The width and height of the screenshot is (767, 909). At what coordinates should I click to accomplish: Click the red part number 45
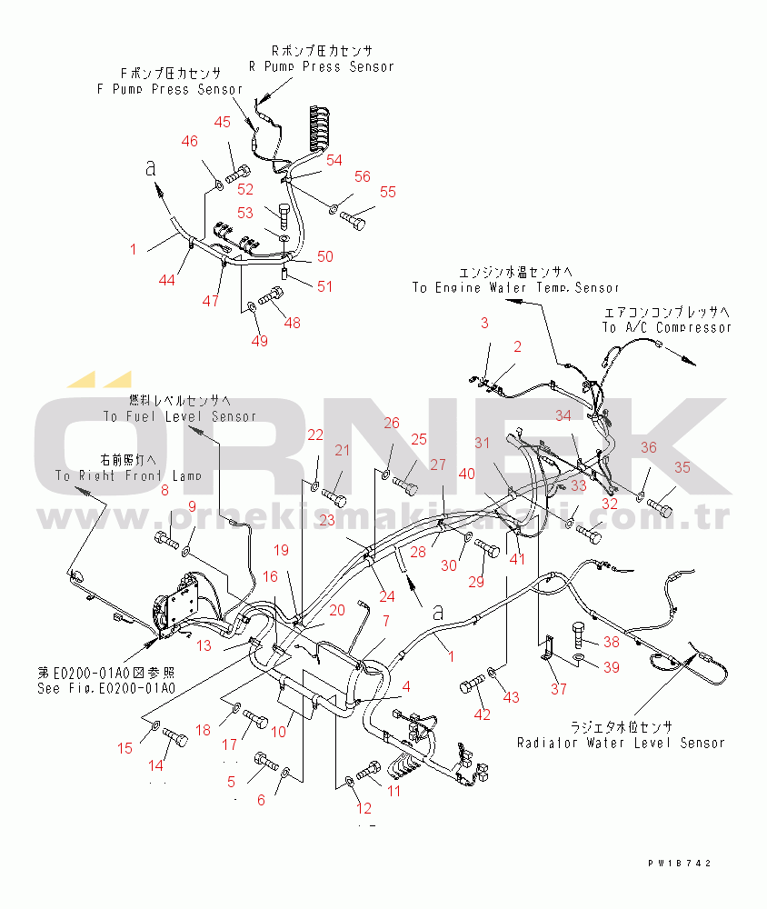point(223,123)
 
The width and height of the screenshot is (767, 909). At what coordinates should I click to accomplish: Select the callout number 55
point(388,192)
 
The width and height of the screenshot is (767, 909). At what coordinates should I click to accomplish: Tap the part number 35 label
point(682,468)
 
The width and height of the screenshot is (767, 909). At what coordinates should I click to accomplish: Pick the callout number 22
point(314,435)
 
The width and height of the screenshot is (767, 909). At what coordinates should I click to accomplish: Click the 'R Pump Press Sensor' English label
point(322,67)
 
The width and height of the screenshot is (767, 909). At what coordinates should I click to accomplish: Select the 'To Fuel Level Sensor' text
point(179,416)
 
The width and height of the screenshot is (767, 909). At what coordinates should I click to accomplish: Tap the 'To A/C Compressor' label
point(666,327)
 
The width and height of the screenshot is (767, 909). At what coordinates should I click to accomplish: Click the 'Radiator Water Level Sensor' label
point(621,743)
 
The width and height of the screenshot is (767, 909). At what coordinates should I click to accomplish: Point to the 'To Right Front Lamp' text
point(128,475)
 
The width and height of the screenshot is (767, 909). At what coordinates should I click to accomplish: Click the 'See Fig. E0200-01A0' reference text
point(105,688)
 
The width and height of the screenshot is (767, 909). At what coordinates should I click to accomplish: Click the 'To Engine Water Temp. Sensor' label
point(515,287)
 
